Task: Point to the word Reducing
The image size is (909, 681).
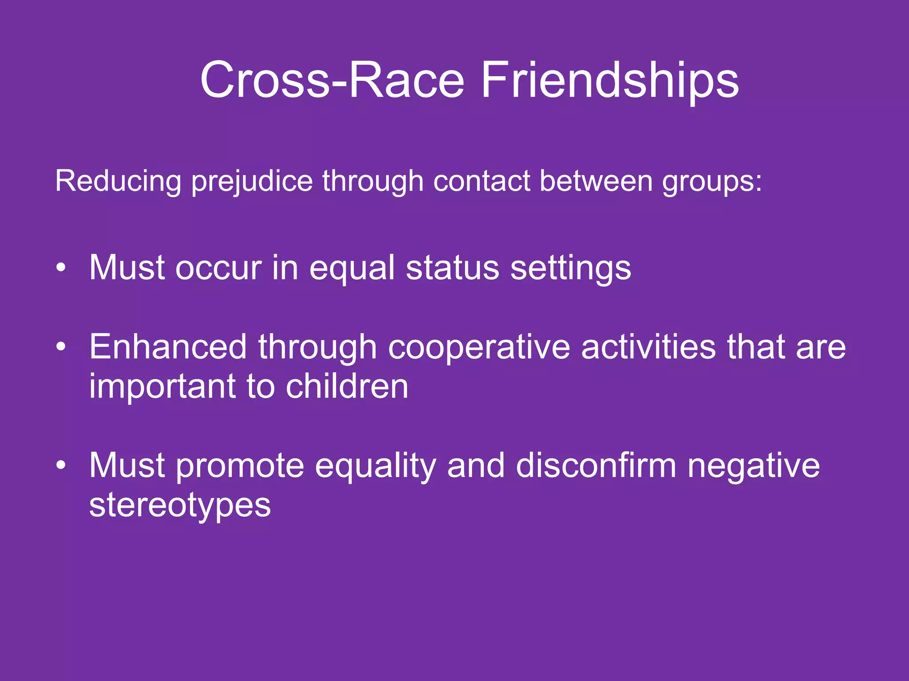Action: (118, 182)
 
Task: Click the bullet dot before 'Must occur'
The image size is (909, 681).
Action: (61, 268)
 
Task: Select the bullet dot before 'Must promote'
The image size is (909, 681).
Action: (61, 465)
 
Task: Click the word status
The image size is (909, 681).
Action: (452, 268)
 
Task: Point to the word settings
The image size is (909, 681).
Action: (570, 269)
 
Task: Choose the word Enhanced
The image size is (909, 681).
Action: (168, 346)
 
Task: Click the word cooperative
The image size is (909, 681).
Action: (479, 347)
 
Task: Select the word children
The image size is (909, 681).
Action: (347, 386)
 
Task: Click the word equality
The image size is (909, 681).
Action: (375, 466)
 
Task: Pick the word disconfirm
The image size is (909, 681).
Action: (596, 465)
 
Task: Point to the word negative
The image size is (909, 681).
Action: (753, 466)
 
